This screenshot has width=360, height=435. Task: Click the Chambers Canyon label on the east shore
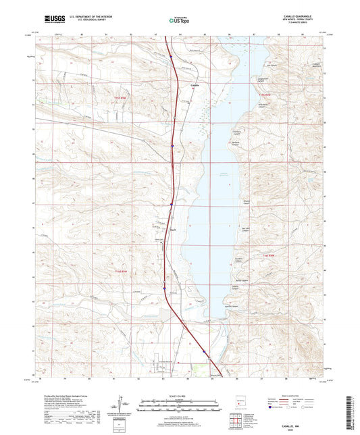238,132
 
